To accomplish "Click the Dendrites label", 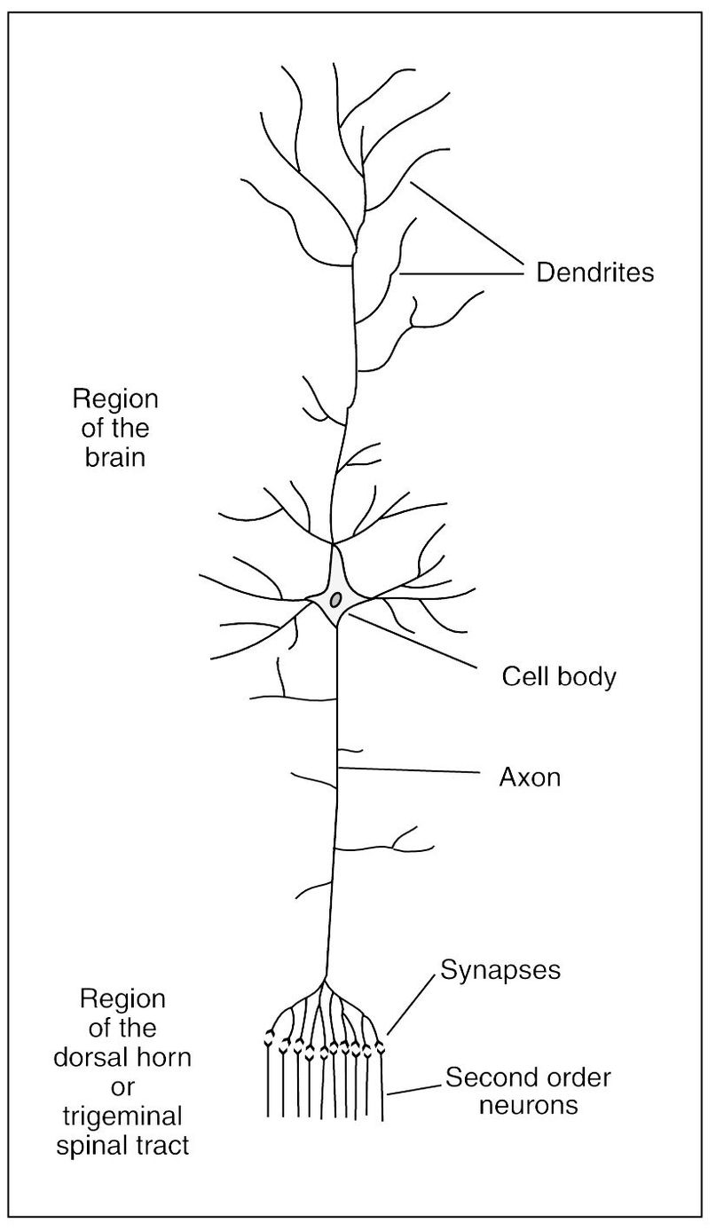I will [x=594, y=272].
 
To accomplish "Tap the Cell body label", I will [x=558, y=677].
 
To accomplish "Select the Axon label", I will [x=530, y=778].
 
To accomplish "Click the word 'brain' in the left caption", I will [x=114, y=460].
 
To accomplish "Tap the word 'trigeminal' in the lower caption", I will [x=123, y=1115].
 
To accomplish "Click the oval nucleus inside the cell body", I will [x=335, y=599].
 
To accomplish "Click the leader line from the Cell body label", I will [x=417, y=639].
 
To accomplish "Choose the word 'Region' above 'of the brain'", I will [x=115, y=398].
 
